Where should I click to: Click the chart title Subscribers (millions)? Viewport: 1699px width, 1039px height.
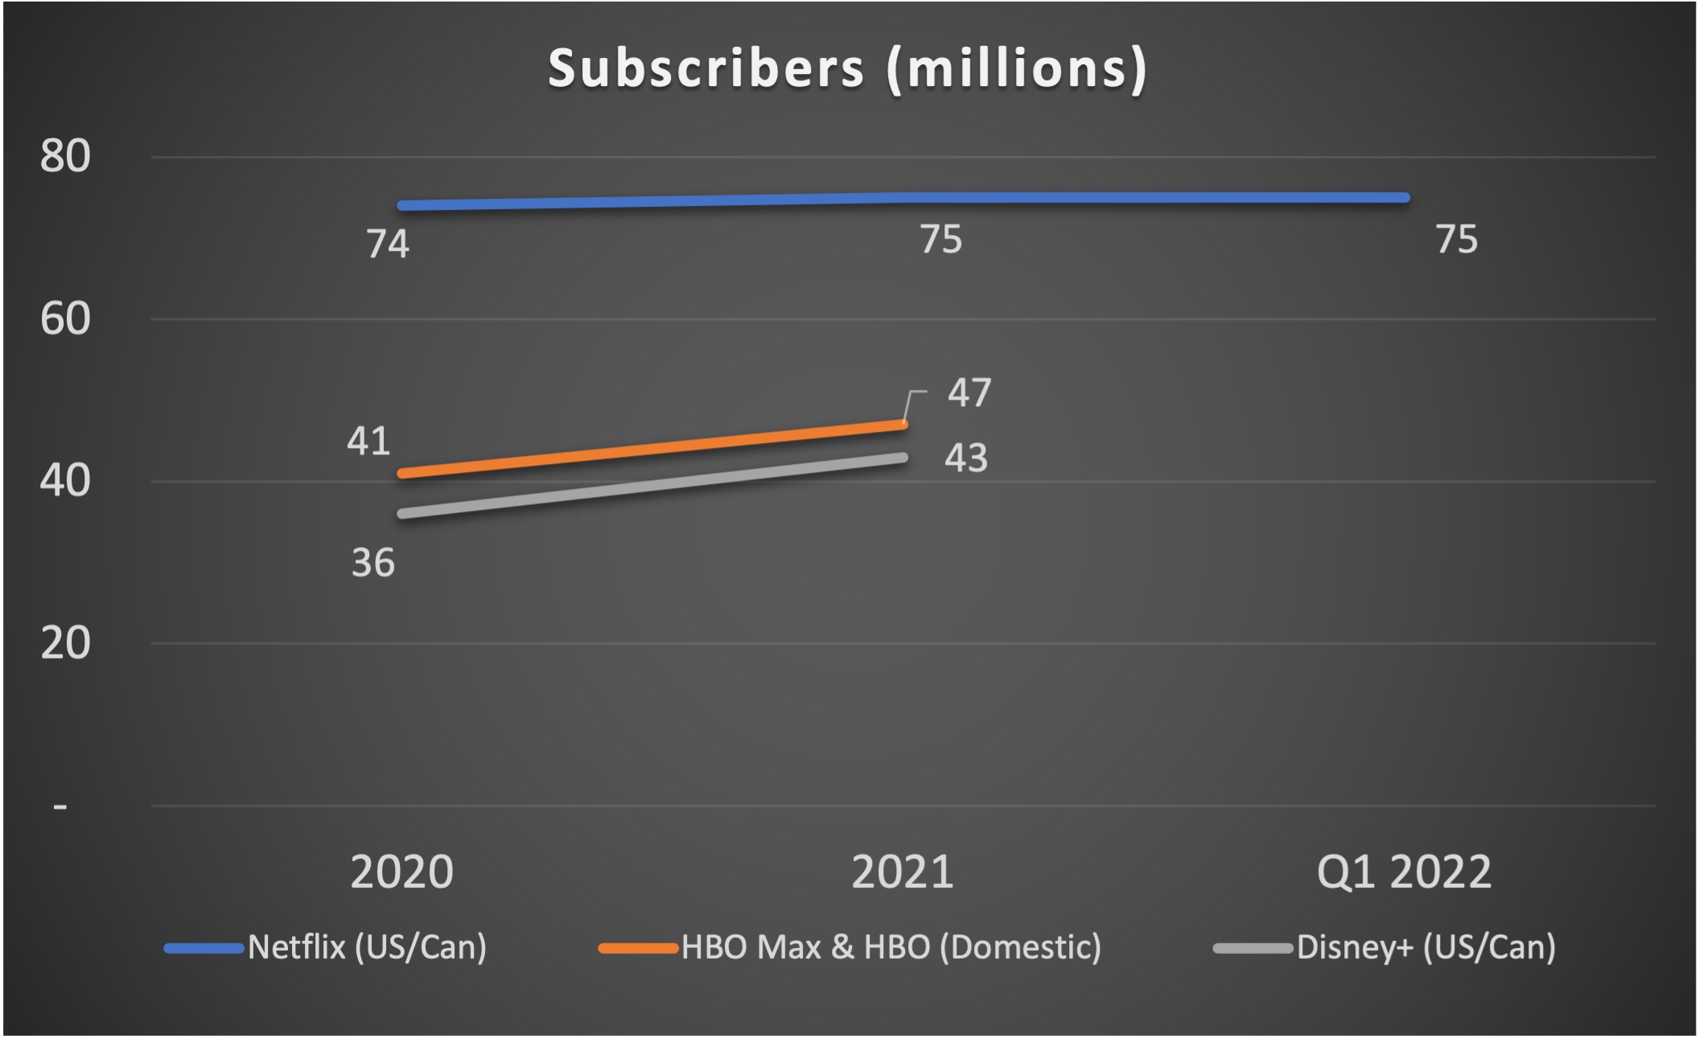pos(847,69)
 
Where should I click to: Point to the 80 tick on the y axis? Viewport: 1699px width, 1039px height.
pos(65,157)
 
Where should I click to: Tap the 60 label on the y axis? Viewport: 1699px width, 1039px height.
pos(65,319)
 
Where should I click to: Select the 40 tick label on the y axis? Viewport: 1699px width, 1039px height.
pos(65,481)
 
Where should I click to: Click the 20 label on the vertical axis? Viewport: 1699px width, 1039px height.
pos(65,643)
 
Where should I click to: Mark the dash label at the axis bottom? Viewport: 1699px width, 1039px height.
pos(60,806)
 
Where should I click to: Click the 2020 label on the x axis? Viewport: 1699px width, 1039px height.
pos(401,873)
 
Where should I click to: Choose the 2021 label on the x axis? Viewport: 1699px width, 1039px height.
pos(903,873)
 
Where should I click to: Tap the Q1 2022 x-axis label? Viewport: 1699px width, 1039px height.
pos(1404,873)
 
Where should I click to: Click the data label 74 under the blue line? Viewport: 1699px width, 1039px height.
pos(388,244)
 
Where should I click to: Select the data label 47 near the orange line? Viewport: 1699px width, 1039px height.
pos(969,393)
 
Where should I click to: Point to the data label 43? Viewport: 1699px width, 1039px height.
pos(965,458)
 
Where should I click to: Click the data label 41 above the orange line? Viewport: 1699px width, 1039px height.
pos(368,441)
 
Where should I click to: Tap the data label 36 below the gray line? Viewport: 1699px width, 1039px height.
pos(372,563)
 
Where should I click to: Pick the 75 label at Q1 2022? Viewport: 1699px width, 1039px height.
pos(1456,240)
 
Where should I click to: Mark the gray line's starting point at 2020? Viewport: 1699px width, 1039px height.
pos(402,513)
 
